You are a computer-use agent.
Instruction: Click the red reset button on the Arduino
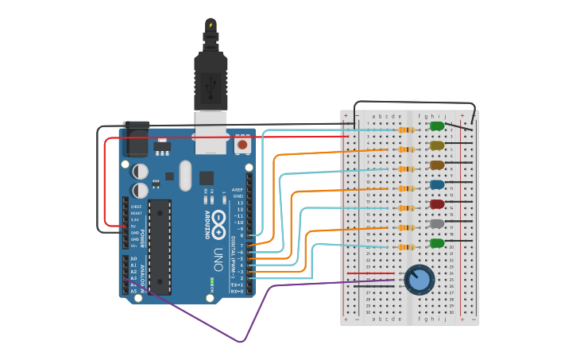(242, 145)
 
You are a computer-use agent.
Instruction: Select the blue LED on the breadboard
(437, 184)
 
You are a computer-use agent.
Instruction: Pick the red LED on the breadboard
(437, 204)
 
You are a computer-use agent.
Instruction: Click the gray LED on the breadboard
(437, 224)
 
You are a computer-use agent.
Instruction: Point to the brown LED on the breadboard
(437, 165)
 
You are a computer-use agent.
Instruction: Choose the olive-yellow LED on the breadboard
(437, 145)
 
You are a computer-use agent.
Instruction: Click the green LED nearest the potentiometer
(437, 243)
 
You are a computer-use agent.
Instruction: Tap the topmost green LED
(437, 126)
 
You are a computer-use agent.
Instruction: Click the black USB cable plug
(211, 79)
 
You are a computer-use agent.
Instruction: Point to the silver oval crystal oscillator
(185, 175)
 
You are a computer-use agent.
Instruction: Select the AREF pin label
(238, 190)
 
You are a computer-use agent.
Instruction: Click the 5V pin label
(134, 226)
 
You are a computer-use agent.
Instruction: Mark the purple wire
(238, 340)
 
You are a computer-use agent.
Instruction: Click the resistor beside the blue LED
(406, 188)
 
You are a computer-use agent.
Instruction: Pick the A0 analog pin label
(133, 258)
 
